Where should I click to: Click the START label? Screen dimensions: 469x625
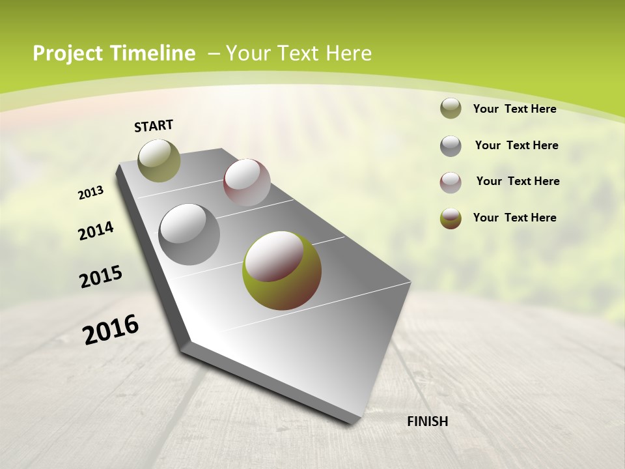click(x=154, y=126)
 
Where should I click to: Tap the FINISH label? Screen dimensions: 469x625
click(x=427, y=421)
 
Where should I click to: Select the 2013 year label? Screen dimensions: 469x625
click(x=91, y=193)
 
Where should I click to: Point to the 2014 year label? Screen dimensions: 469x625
click(x=96, y=231)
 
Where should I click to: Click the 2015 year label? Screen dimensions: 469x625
click(x=101, y=277)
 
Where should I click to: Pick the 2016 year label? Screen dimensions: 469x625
click(x=111, y=330)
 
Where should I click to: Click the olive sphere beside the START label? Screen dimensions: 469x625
click(x=159, y=160)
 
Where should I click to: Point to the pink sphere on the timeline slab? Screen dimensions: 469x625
click(x=247, y=182)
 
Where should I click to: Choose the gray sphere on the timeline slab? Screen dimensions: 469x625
click(x=189, y=234)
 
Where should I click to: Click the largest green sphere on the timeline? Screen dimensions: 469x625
click(x=281, y=270)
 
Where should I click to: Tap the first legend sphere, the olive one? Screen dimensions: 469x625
click(x=451, y=109)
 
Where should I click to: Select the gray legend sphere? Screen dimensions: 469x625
click(x=451, y=146)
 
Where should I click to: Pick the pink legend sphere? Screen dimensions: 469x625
click(x=451, y=182)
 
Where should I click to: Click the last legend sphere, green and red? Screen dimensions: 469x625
click(x=451, y=218)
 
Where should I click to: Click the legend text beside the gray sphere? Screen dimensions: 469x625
click(x=516, y=145)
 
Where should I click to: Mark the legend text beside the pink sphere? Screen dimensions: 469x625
click(x=518, y=181)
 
